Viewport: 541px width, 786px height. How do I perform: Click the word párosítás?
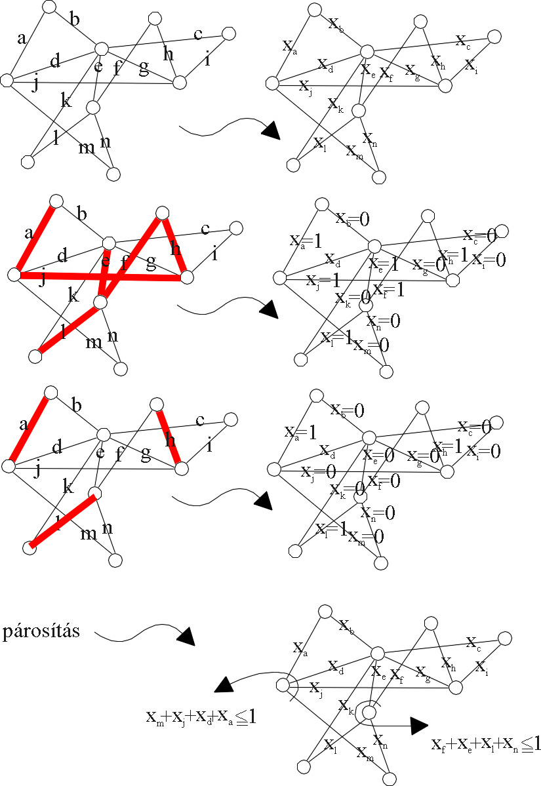click(41, 633)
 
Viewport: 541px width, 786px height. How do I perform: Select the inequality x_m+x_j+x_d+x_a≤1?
click(200, 717)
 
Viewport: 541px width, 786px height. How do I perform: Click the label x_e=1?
click(384, 264)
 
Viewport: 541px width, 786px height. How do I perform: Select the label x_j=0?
click(318, 471)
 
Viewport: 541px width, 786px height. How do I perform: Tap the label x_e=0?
click(379, 454)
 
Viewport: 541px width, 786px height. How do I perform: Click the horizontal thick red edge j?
click(98, 277)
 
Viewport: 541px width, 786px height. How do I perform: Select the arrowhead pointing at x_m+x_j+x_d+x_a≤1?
click(224, 686)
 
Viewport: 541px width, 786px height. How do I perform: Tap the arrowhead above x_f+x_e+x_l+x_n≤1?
click(418, 724)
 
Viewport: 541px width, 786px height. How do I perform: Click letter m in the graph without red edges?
click(87, 148)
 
